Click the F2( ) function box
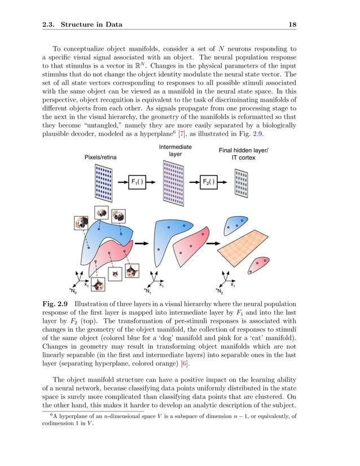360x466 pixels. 210,182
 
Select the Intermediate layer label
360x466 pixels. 175,151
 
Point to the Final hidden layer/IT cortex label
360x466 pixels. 243,154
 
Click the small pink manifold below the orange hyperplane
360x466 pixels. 260,263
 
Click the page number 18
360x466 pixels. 293,25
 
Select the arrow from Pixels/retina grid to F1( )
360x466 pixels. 120,182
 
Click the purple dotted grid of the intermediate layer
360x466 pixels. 174,181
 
